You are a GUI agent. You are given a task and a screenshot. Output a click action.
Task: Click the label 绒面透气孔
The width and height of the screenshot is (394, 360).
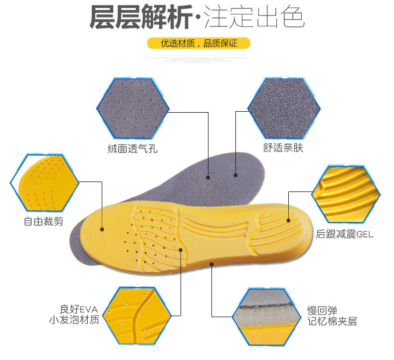point(132,148)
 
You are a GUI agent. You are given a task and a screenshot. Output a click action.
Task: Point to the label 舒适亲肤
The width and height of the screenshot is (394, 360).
point(282,148)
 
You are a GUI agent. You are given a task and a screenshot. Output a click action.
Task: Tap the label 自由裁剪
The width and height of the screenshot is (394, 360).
point(44,221)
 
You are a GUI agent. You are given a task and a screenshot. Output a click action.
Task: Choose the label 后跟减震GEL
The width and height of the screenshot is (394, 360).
point(345,234)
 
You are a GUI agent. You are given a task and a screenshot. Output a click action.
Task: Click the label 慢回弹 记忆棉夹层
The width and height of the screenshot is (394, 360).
point(332,316)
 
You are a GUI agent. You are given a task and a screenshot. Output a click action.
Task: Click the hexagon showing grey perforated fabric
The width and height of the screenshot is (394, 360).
point(133,108)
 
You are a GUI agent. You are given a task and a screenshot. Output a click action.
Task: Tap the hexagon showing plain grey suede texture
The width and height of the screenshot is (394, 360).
point(282,108)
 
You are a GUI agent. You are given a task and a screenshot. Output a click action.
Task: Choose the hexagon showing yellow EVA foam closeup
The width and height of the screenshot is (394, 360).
point(132,315)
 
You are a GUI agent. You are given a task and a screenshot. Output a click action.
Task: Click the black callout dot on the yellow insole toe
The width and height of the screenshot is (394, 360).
point(102,230)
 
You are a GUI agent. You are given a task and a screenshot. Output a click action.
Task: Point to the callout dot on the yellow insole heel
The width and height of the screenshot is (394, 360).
point(289,219)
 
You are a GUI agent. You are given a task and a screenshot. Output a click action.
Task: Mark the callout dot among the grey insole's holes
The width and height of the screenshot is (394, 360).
point(207,176)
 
